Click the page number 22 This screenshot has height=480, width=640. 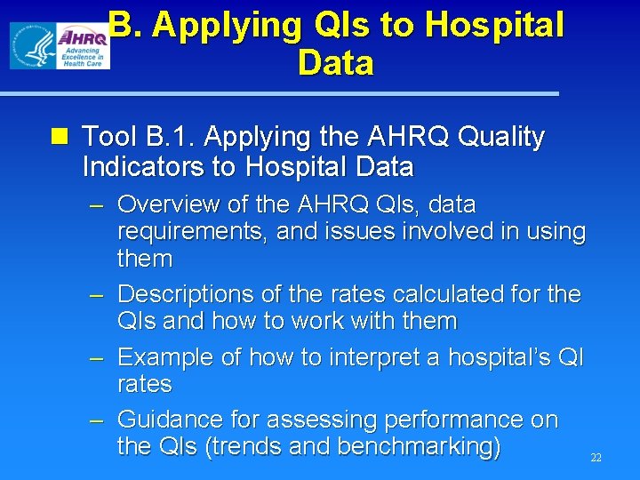(x=596, y=458)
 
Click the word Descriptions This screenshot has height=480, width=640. (x=184, y=293)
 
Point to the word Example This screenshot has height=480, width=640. (x=163, y=356)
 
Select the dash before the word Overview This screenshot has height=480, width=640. (x=98, y=205)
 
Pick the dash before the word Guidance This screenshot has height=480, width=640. (x=98, y=420)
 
